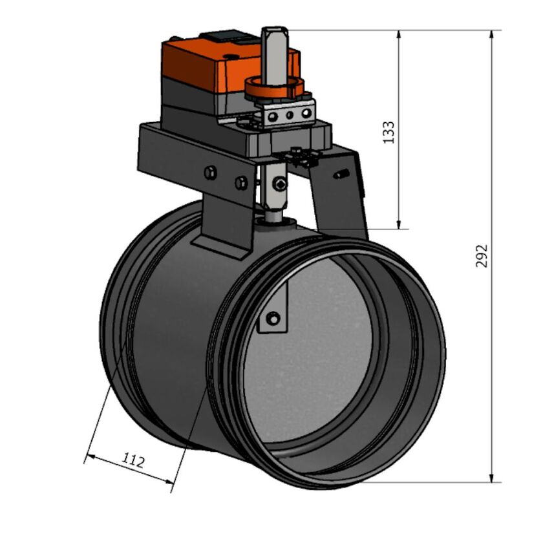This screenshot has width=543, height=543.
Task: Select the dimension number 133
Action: click(389, 132)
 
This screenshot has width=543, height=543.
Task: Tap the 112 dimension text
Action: click(133, 460)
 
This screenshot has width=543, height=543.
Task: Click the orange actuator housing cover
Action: click(200, 58)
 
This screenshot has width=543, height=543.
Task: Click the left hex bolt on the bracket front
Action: click(209, 173)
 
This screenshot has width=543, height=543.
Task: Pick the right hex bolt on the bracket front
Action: click(241, 183)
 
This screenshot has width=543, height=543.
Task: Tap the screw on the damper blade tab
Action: click(274, 318)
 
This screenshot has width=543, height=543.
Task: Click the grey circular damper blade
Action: click(310, 362)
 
